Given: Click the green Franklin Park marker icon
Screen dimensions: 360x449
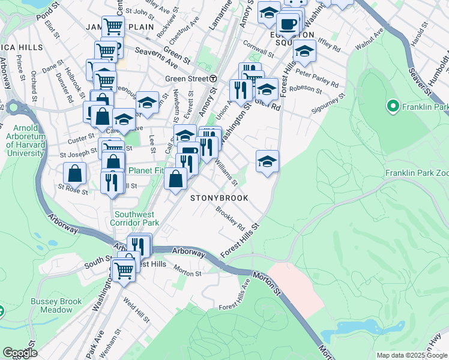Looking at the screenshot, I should point(394,107).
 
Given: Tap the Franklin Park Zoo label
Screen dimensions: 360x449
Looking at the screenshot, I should point(417,173).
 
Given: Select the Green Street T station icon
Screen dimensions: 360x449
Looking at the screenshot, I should point(212,79).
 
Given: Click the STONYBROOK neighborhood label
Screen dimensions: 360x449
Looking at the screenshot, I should point(220,197).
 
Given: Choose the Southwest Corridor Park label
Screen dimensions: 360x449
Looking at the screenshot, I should point(136,218).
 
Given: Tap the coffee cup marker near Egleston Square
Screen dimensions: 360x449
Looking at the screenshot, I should point(288,24).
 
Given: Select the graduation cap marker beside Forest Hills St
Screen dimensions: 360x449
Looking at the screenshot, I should point(267,160).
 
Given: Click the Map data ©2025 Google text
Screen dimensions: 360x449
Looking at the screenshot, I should point(412,355).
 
